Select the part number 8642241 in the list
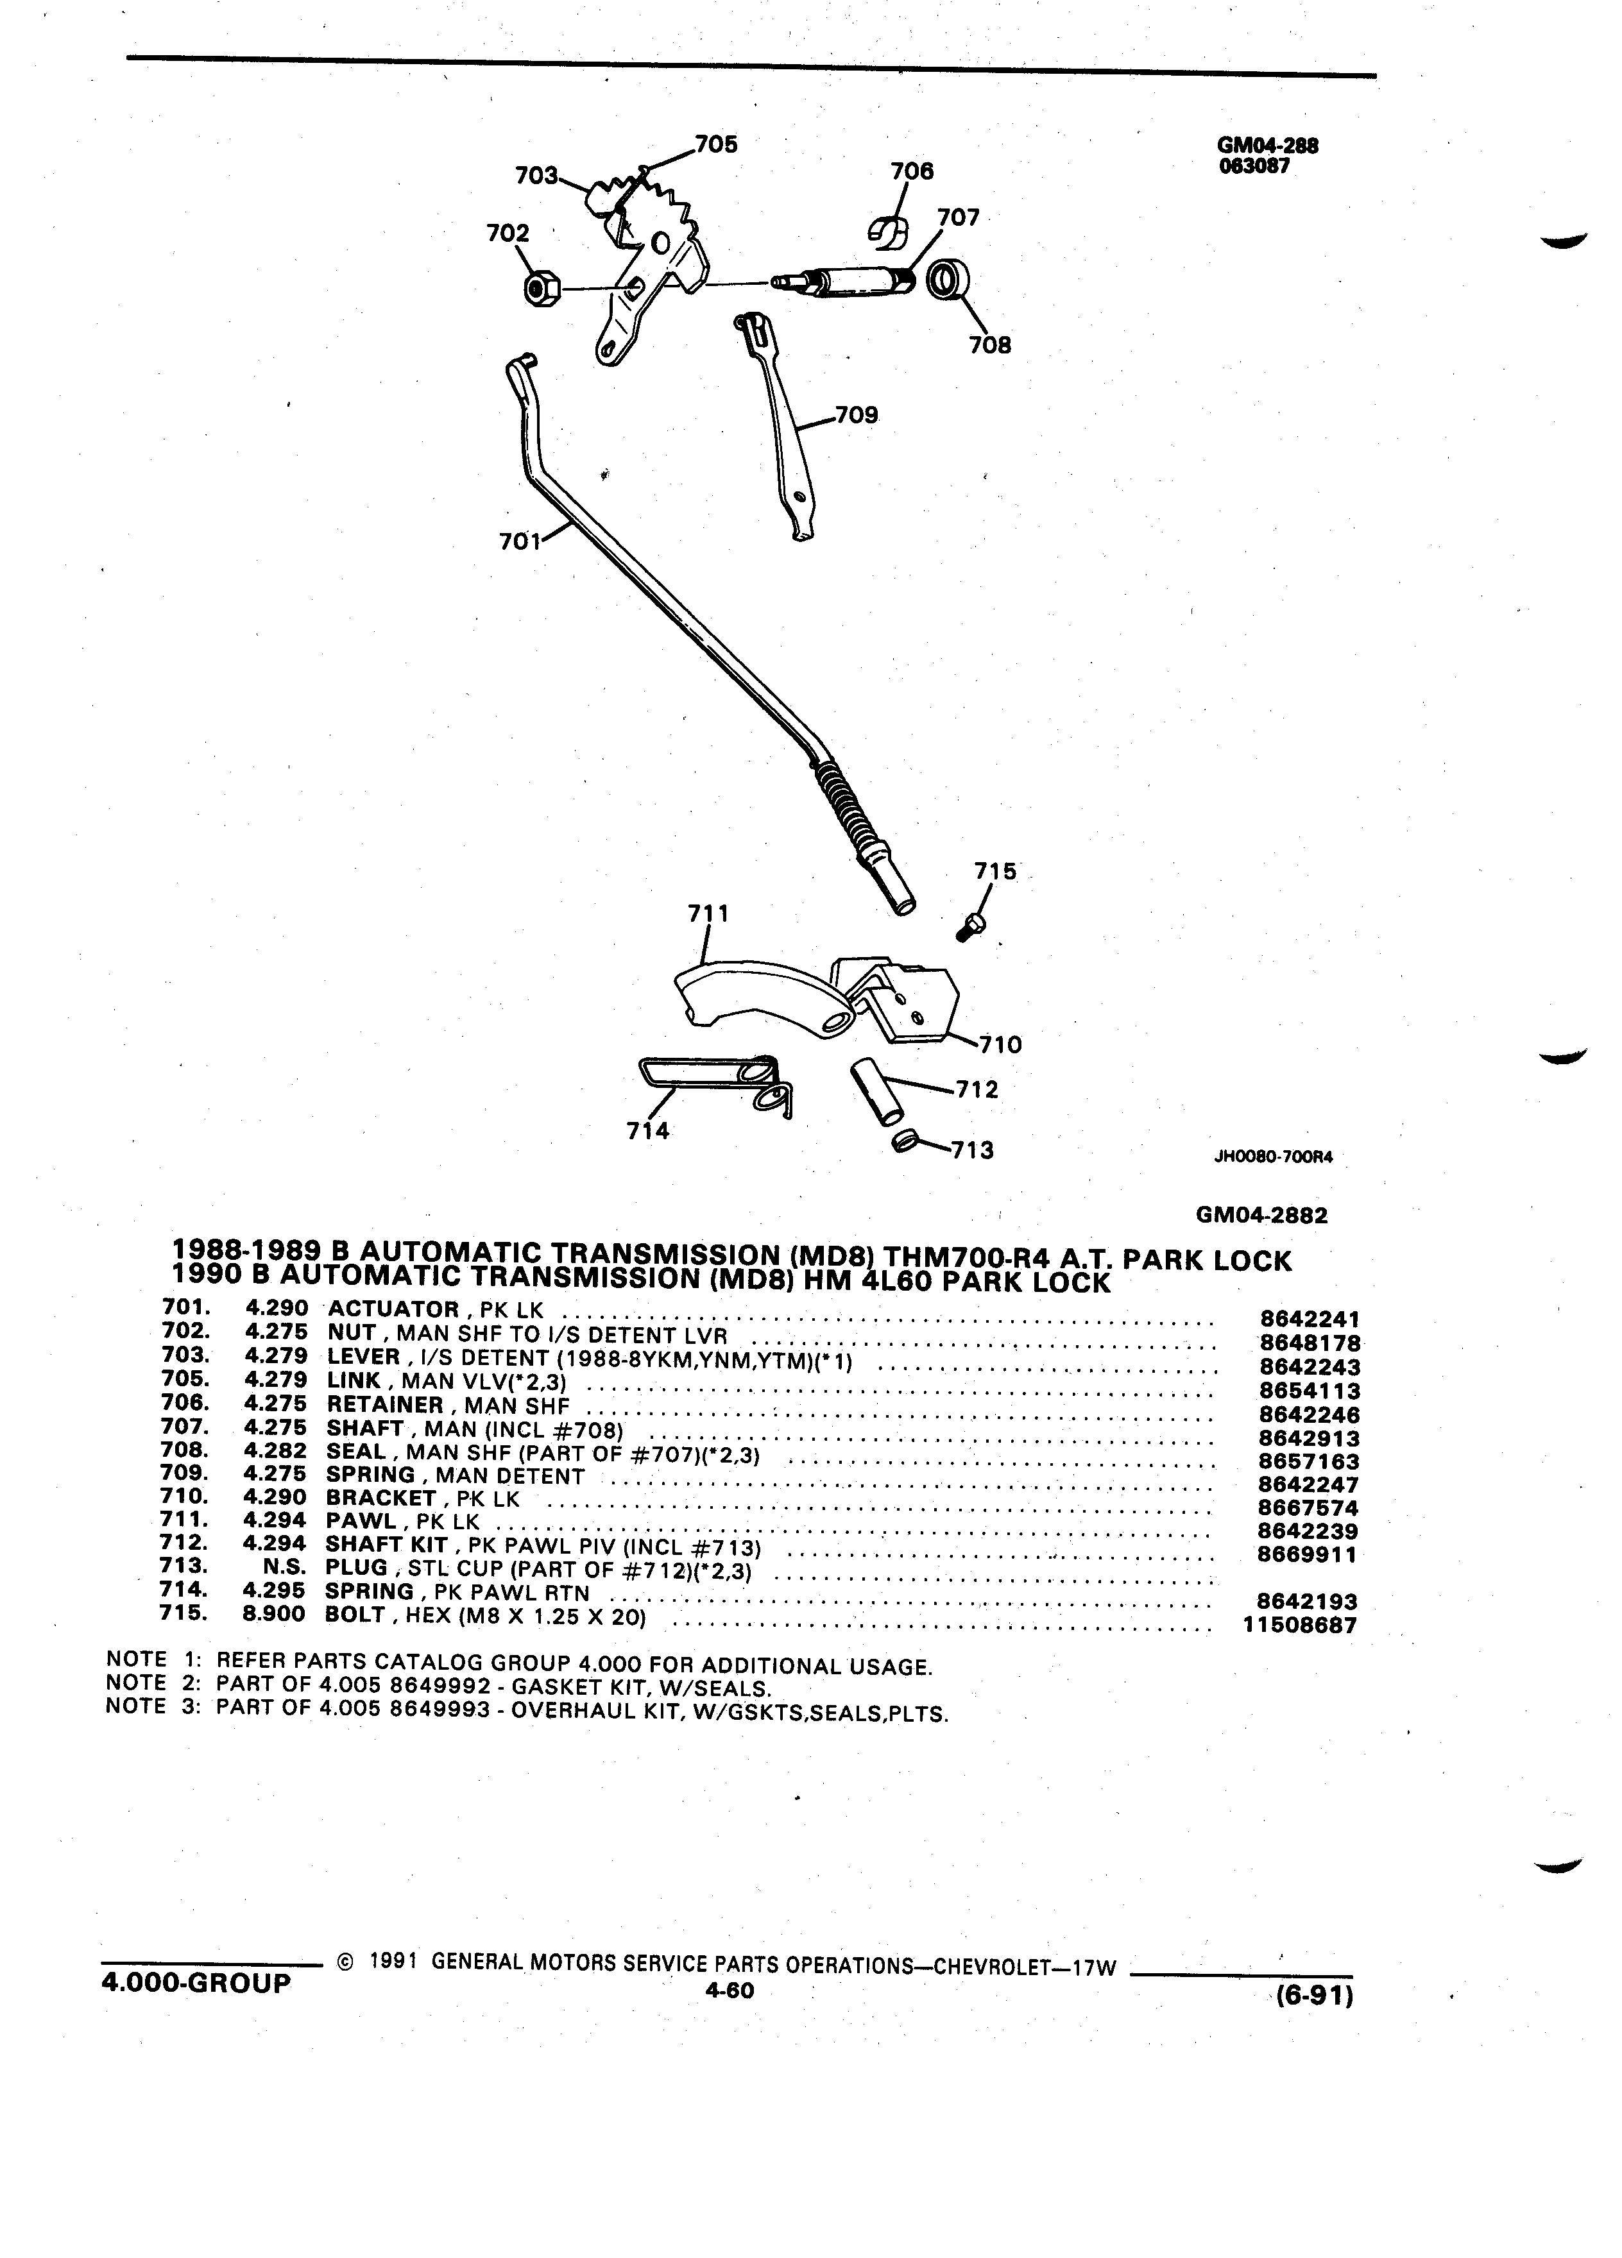tap(1310, 1318)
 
